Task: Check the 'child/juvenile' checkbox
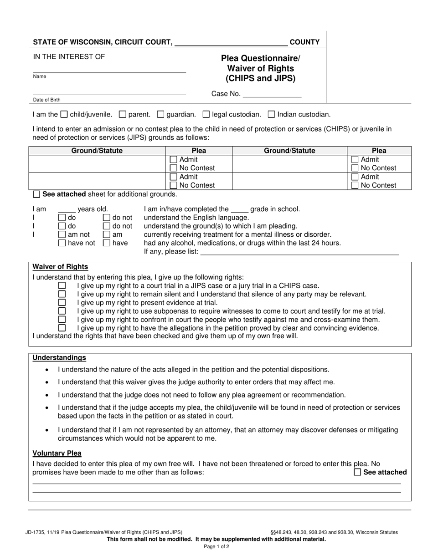64,115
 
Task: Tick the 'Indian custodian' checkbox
272,115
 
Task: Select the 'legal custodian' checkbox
206,115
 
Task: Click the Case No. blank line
272,95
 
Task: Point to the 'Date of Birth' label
46,100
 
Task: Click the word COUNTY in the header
304,42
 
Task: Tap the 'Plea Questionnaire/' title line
261,58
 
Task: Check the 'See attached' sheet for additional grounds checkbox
36,194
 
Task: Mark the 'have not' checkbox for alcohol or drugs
62,243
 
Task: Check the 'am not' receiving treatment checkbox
62,234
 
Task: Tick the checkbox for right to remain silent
62,294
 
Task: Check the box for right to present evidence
62,302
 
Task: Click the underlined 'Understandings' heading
59,358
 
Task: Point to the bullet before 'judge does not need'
48,395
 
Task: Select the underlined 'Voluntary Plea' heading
57,453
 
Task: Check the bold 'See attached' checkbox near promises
357,473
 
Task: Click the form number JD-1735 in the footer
37,532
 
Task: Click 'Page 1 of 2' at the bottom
216,546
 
